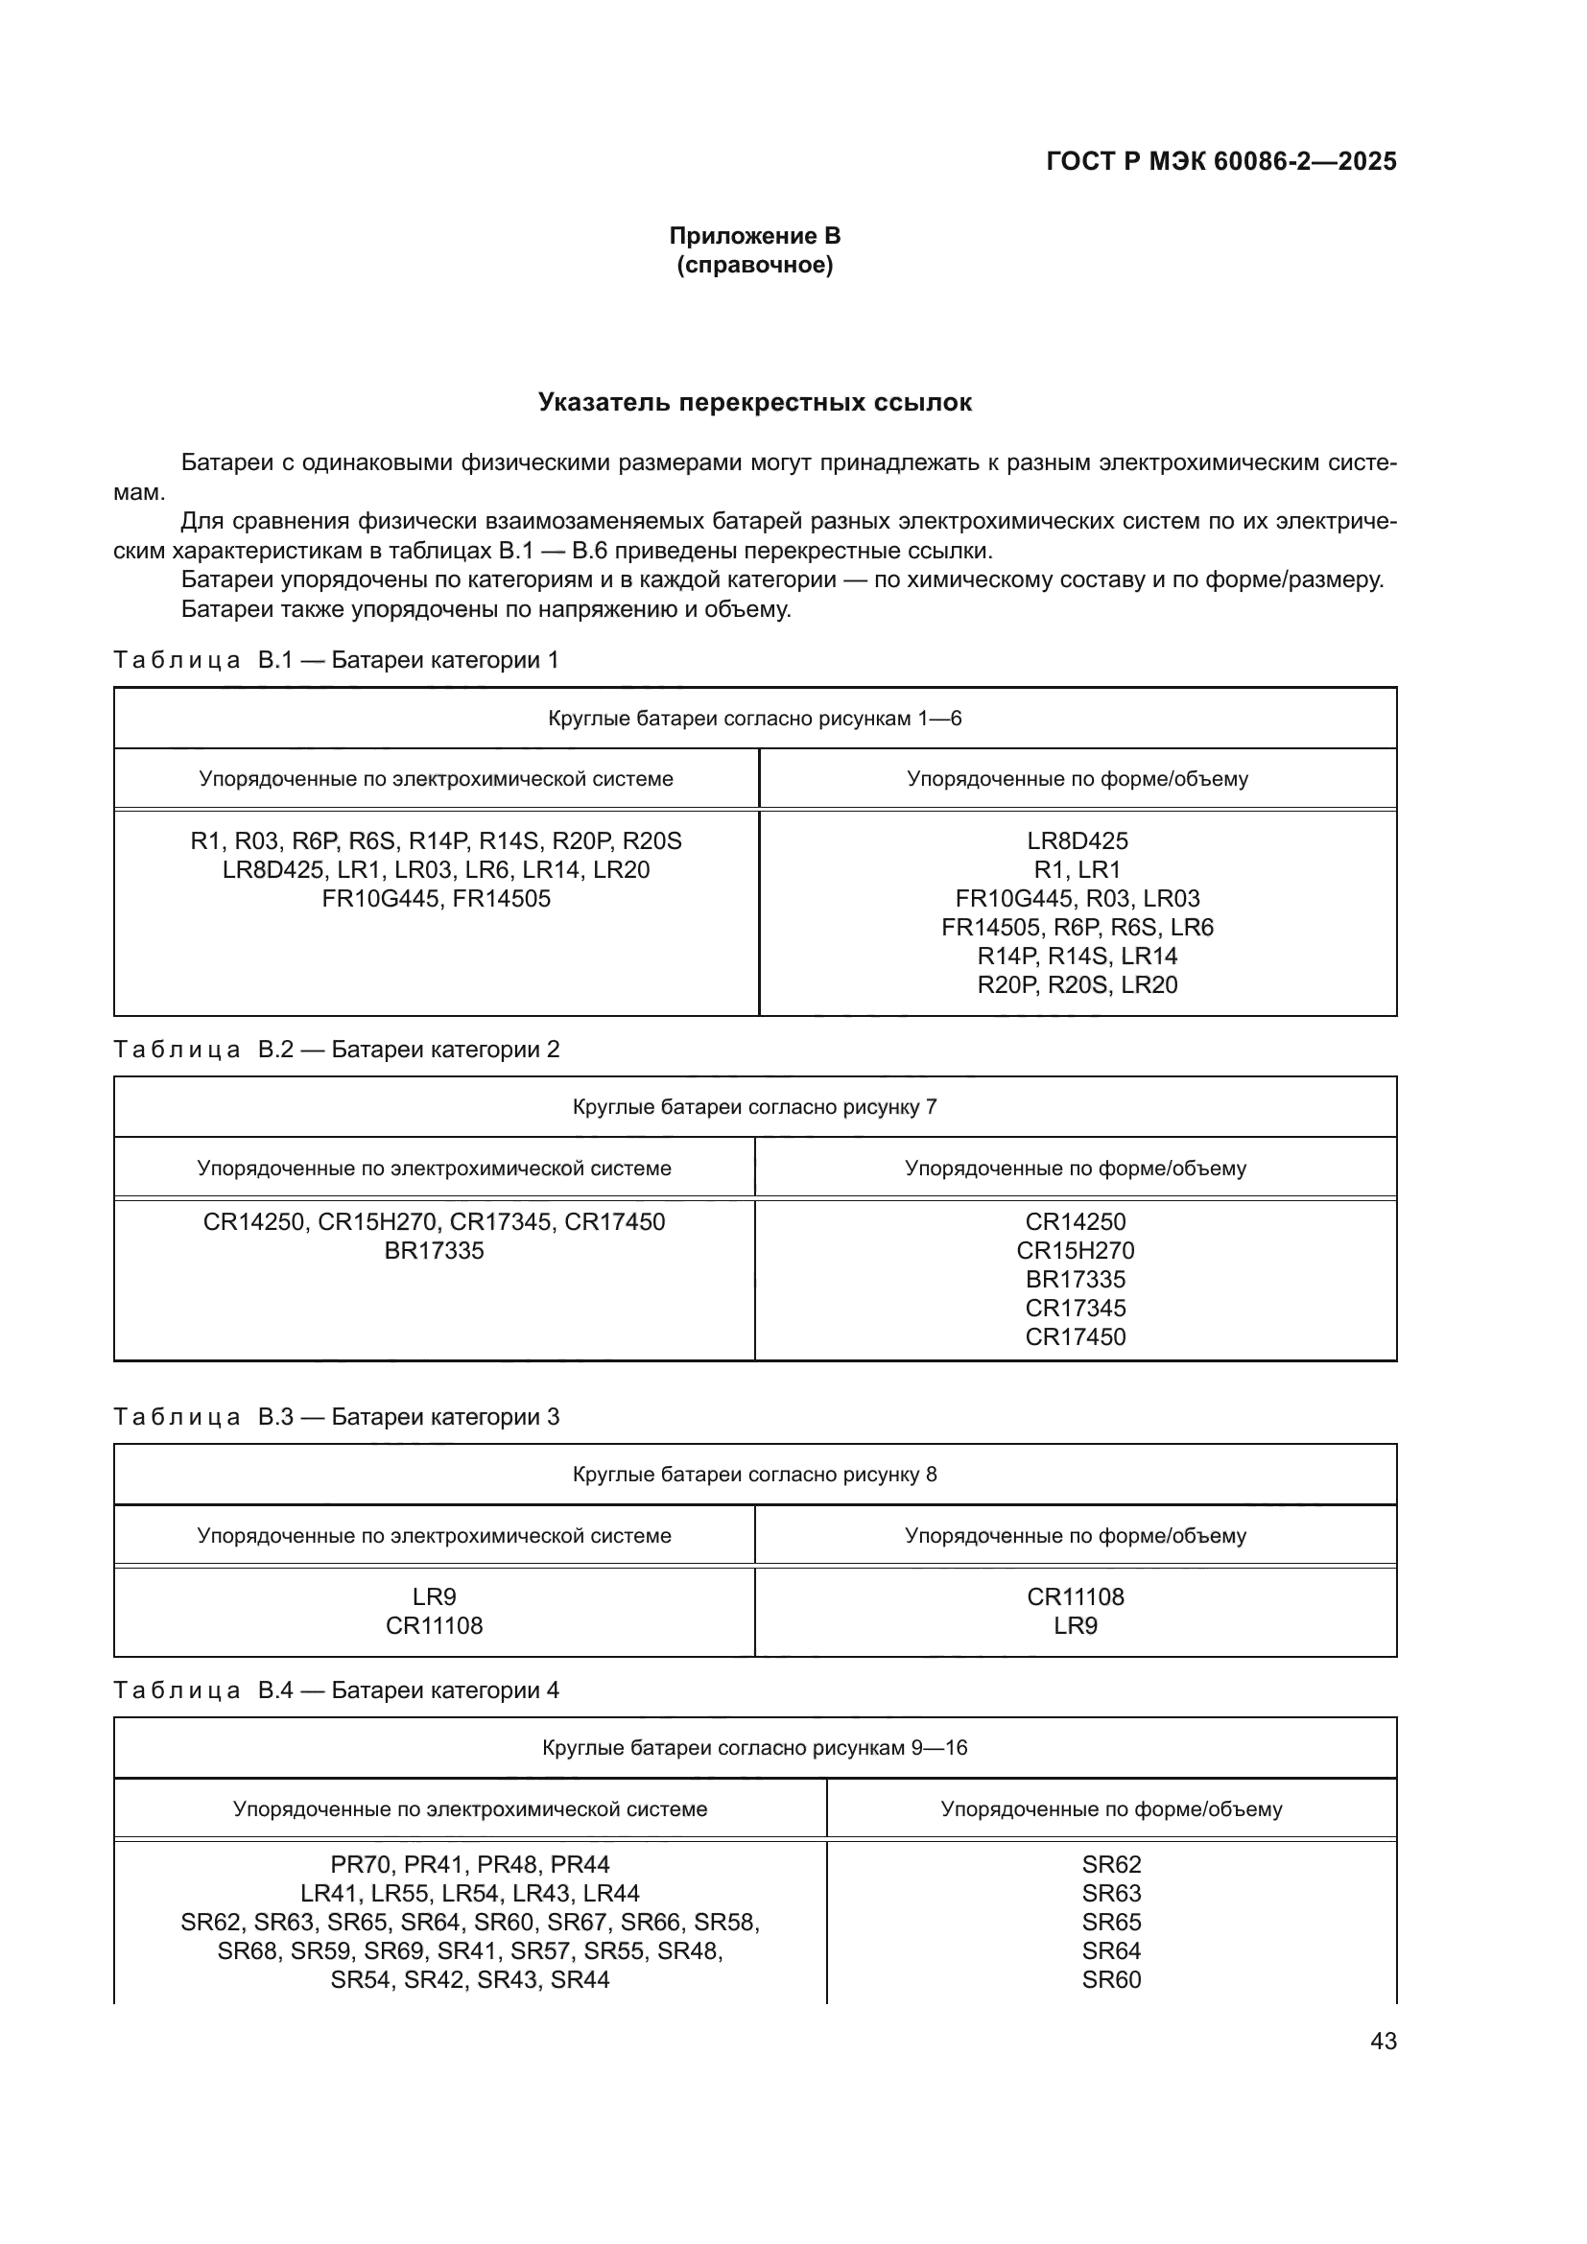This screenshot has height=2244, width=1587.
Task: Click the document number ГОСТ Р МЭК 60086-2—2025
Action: point(1220,161)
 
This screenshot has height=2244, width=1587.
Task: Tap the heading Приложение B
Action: point(754,236)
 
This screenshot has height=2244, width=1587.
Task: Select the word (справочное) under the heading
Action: point(754,265)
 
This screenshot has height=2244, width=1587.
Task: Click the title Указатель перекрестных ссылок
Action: point(754,403)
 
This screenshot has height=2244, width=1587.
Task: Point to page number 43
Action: point(1383,2041)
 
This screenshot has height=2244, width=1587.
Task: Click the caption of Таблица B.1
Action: point(336,660)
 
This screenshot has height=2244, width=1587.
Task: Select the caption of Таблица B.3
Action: point(336,1416)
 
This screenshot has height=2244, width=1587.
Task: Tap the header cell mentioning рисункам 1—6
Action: point(754,719)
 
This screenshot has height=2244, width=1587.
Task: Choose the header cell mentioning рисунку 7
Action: point(754,1106)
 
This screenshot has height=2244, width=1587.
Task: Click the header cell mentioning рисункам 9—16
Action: point(754,1747)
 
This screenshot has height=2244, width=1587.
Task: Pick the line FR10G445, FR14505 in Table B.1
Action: point(436,898)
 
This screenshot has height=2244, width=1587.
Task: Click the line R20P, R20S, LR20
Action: point(1077,984)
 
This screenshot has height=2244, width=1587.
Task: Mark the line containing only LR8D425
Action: point(1077,840)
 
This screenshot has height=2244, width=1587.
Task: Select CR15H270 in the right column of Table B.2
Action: point(1075,1250)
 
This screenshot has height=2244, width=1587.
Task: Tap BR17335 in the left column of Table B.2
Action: point(434,1250)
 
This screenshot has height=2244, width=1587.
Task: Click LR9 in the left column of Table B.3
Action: point(434,1596)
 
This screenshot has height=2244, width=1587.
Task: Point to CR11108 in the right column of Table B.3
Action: point(1075,1596)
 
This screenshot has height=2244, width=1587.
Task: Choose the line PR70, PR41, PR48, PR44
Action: point(470,1864)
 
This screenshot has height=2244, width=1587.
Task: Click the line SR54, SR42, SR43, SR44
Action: point(470,1979)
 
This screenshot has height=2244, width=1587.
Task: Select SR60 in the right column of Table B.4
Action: point(1111,1979)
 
